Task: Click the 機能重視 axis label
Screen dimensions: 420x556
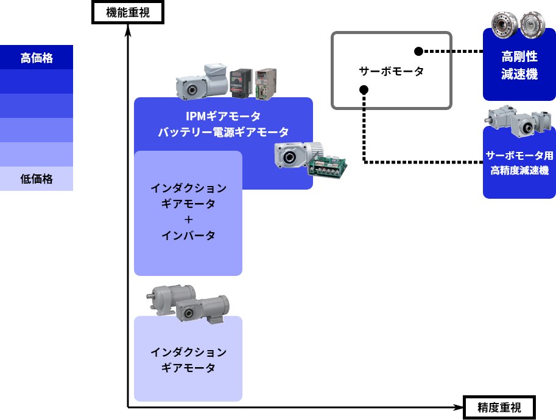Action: point(127,12)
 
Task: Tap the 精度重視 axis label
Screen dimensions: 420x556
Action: point(499,407)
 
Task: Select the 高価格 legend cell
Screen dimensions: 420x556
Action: point(37,58)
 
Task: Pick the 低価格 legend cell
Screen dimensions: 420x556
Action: point(37,179)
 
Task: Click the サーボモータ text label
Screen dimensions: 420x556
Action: point(391,71)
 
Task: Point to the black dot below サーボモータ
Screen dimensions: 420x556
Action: point(364,90)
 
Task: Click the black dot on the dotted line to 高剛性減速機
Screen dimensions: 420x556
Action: point(418,52)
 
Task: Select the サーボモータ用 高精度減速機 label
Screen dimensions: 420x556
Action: point(519,162)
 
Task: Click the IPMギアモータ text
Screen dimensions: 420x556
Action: point(223,115)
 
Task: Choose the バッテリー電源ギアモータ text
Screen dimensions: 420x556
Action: point(223,132)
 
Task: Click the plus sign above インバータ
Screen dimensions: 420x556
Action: point(188,219)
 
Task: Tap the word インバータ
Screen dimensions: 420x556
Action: point(188,235)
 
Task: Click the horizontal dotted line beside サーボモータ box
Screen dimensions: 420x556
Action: point(437,52)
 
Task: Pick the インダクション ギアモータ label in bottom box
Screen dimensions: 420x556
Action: point(188,360)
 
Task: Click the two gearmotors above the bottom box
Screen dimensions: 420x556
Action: point(189,303)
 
